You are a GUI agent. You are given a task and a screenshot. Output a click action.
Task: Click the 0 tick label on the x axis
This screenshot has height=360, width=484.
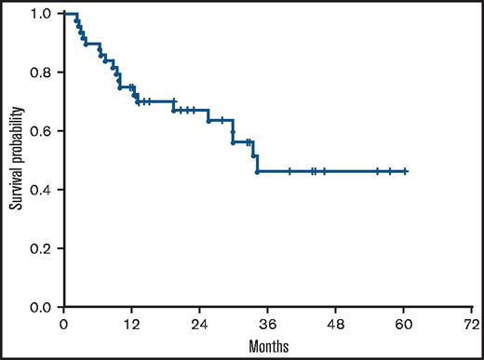coord(63,325)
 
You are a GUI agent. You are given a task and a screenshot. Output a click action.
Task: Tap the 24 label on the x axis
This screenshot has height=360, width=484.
coord(199,325)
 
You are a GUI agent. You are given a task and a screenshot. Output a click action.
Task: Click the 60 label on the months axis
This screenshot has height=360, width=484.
coord(403,325)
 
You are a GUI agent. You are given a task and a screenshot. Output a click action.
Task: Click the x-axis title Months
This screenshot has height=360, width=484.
coord(268,346)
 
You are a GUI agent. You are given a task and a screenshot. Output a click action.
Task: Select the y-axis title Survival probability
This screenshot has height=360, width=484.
coord(16,161)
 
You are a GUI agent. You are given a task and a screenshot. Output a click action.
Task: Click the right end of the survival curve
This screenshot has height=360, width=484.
coord(407,171)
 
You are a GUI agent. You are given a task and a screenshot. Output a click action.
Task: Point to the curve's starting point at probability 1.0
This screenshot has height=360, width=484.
coord(64,14)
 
